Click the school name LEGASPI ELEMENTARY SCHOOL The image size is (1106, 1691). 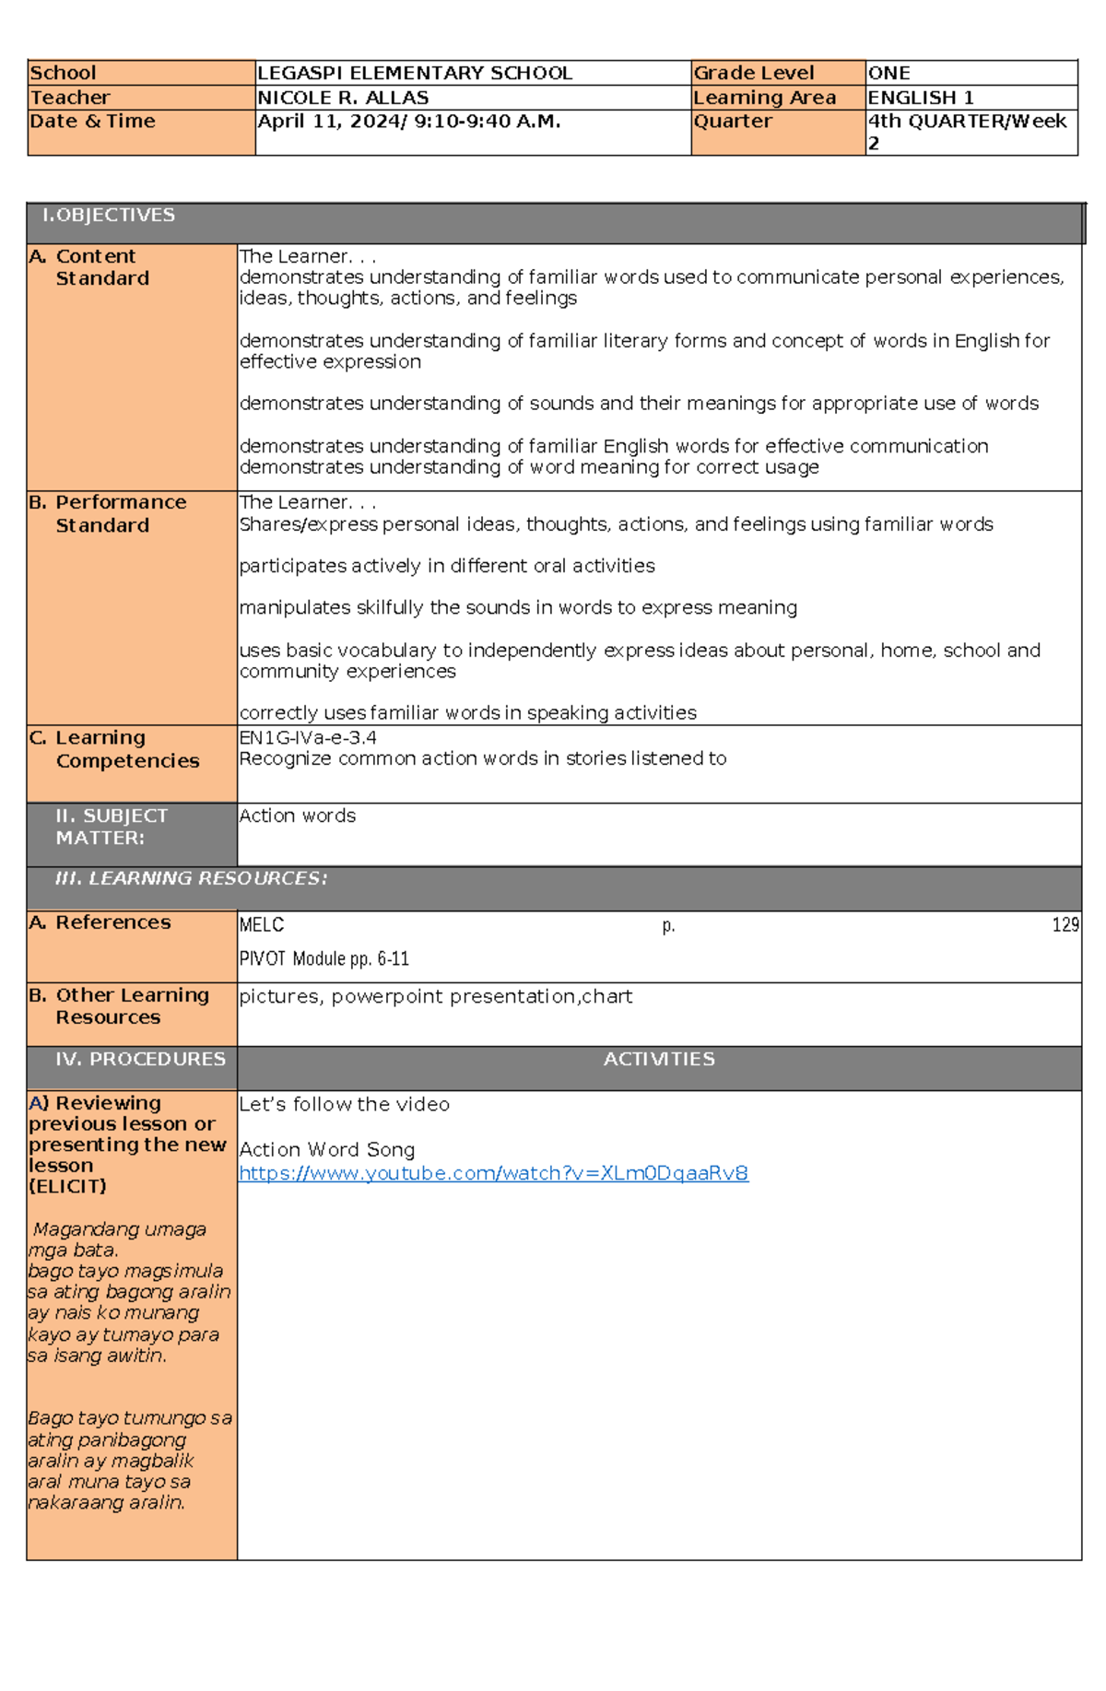pyautogui.click(x=415, y=73)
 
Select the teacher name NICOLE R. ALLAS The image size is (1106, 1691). pyautogui.click(x=343, y=98)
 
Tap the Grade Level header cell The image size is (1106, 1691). pyautogui.click(x=753, y=73)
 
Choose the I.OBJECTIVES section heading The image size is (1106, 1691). pyautogui.click(x=109, y=215)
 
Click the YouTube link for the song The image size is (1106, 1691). pyautogui.click(x=493, y=1173)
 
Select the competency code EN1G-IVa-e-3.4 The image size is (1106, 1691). pyautogui.click(x=307, y=737)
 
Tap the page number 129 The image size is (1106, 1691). pyautogui.click(x=1065, y=924)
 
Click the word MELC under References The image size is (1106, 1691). pyautogui.click(x=262, y=924)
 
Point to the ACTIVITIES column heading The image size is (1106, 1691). pyautogui.click(x=659, y=1059)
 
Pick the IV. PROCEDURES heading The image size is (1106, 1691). pyautogui.click(x=140, y=1059)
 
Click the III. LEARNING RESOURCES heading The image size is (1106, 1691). pyautogui.click(x=191, y=878)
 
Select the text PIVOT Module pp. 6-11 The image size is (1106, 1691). pyautogui.click(x=324, y=958)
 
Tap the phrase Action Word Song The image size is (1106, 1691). pyautogui.click(x=326, y=1149)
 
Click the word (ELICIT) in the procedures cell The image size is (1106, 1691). pyautogui.click(x=67, y=1186)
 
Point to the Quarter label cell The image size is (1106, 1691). pyautogui.click(x=733, y=122)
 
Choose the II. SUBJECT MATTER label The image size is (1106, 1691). pyautogui.click(x=111, y=827)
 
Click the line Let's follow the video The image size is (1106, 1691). pyautogui.click(x=344, y=1104)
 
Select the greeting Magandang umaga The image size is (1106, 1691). pyautogui.click(x=120, y=1229)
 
